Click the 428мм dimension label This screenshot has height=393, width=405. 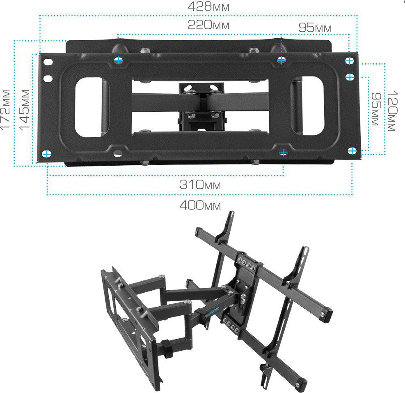[x=208, y=7]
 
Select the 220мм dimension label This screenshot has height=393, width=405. [x=208, y=25]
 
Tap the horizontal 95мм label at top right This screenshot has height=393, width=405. [x=315, y=28]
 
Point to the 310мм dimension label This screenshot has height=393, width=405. [x=200, y=185]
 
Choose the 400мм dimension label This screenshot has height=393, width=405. [x=200, y=206]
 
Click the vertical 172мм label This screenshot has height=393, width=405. [x=6, y=109]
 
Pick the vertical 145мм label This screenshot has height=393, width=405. [x=25, y=109]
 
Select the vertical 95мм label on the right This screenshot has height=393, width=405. [x=376, y=109]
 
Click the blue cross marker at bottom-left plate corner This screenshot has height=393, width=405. [x=46, y=154]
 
